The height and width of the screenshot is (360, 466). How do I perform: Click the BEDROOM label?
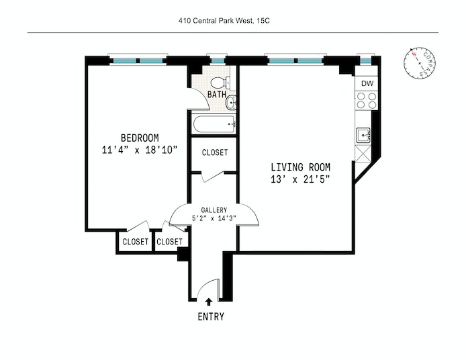(140, 138)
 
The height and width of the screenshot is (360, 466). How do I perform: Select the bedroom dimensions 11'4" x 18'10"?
(140, 150)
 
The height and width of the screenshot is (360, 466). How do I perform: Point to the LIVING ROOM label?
(300, 167)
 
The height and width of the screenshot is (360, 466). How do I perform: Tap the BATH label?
(216, 95)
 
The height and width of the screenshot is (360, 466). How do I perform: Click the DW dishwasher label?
(367, 83)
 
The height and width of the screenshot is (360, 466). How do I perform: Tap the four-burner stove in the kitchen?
(366, 101)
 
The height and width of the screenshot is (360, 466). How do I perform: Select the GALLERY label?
(214, 210)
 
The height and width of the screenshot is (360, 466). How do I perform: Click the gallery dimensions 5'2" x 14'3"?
(214, 218)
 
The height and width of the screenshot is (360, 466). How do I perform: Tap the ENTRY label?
(210, 317)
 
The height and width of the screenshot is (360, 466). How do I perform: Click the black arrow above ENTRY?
(209, 302)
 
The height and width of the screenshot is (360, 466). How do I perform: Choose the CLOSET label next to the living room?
(215, 152)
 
